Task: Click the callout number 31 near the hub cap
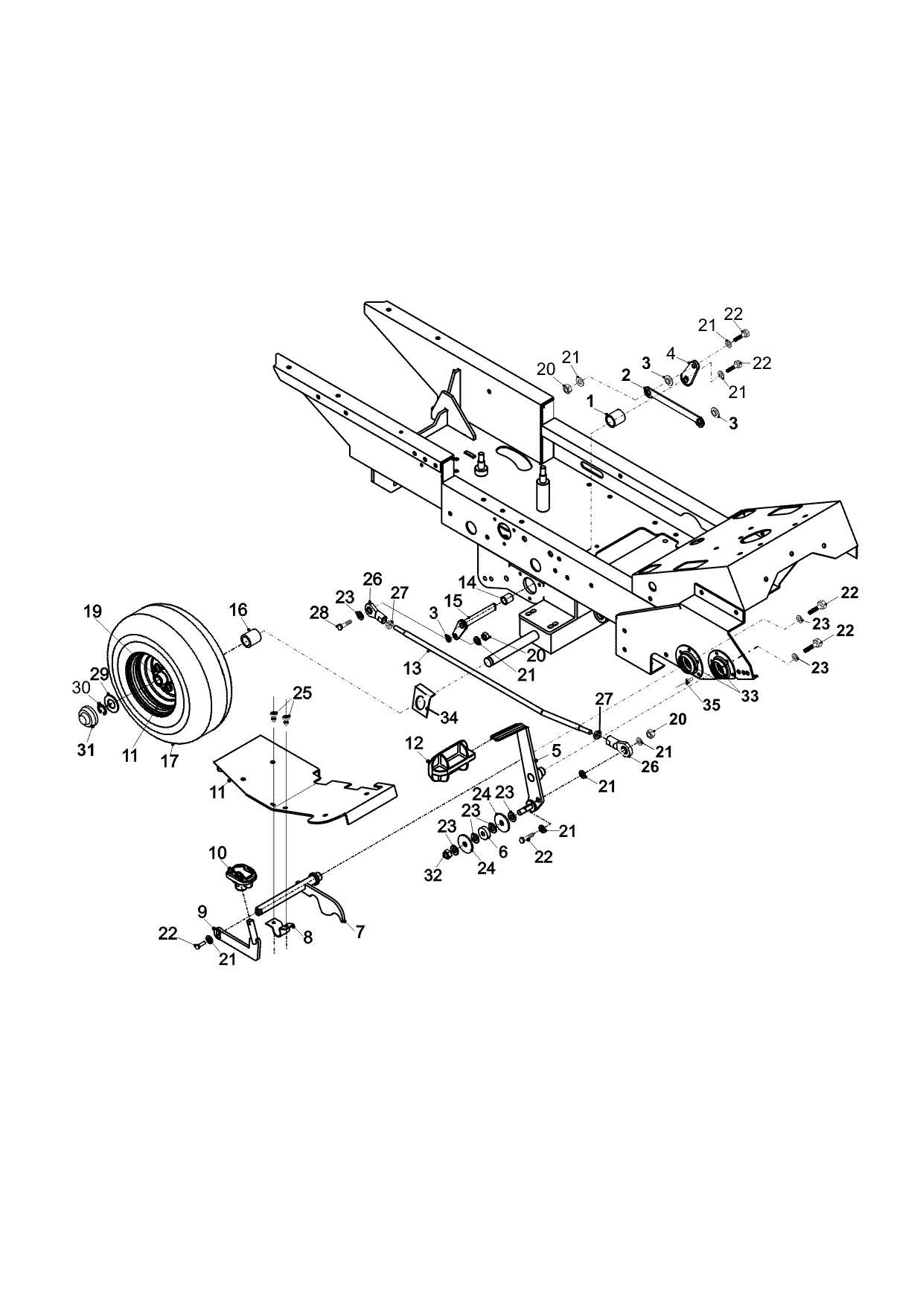point(86,750)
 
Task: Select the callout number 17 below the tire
point(170,761)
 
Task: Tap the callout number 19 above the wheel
point(92,612)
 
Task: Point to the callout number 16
point(237,610)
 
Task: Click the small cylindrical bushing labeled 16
point(251,639)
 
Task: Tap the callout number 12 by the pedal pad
point(415,743)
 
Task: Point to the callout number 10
point(217,852)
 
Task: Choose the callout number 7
point(360,931)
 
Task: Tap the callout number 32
point(432,875)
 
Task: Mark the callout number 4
point(671,353)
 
